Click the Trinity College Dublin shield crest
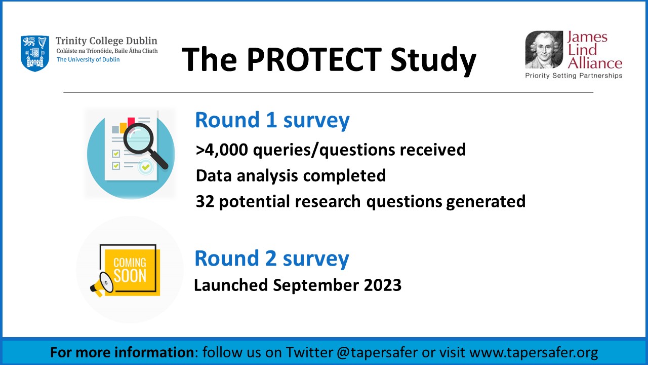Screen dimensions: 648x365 [35, 54]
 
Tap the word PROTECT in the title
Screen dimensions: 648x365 [314, 59]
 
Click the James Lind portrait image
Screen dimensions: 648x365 [544, 50]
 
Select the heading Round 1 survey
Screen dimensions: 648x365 [272, 121]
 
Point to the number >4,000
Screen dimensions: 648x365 [222, 150]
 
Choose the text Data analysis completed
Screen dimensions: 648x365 [291, 176]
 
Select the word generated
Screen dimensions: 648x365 [485, 202]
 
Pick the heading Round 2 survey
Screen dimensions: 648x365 [272, 259]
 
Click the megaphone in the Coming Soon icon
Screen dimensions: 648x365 [102, 284]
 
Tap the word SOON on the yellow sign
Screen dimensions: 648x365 [130, 275]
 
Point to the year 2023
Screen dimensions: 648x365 [383, 285]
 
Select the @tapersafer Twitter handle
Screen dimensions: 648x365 [377, 352]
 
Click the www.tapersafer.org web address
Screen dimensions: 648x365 [534, 352]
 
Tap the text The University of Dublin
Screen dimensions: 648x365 [88, 60]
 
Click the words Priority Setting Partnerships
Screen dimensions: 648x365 [574, 76]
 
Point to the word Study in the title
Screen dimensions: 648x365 [433, 61]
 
